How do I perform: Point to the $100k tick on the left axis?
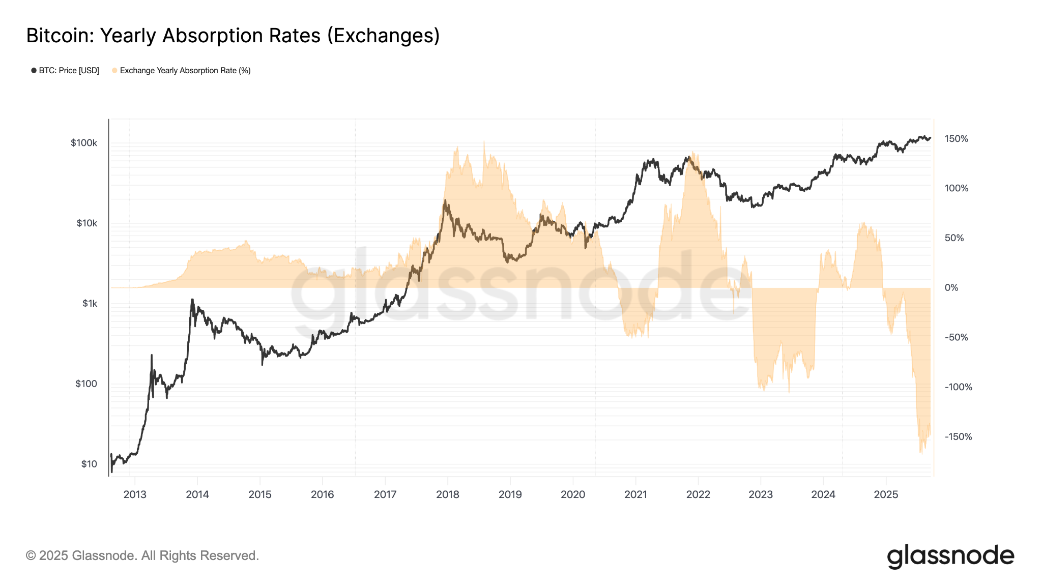pyautogui.click(x=84, y=143)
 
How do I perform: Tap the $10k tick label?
pyautogui.click(x=86, y=223)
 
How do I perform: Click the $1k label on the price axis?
pyautogui.click(x=90, y=304)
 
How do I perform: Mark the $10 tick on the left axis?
pyautogui.click(x=89, y=464)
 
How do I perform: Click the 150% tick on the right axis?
pyautogui.click(x=956, y=139)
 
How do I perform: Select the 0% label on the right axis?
pyautogui.click(x=951, y=288)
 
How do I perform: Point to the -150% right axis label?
pyautogui.click(x=958, y=437)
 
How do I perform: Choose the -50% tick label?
pyautogui.click(x=956, y=338)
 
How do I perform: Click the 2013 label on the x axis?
pyautogui.click(x=135, y=494)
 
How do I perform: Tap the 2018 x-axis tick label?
pyautogui.click(x=448, y=494)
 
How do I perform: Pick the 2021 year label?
pyautogui.click(x=635, y=494)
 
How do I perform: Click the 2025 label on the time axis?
pyautogui.click(x=886, y=494)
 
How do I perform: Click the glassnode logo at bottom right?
pyautogui.click(x=950, y=556)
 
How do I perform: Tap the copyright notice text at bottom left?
pyautogui.click(x=142, y=555)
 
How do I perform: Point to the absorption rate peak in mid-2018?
pyautogui.click(x=484, y=142)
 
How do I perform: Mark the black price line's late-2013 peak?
pyautogui.click(x=192, y=300)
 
